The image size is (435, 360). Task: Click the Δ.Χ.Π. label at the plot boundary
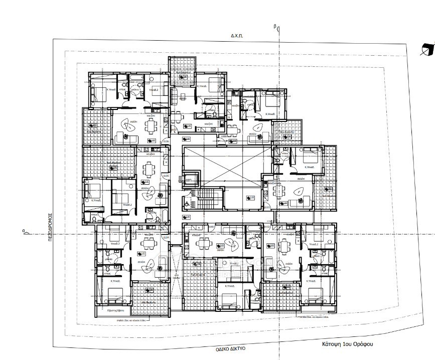[x=237, y=36]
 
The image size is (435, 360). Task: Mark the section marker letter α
[x=24, y=231]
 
